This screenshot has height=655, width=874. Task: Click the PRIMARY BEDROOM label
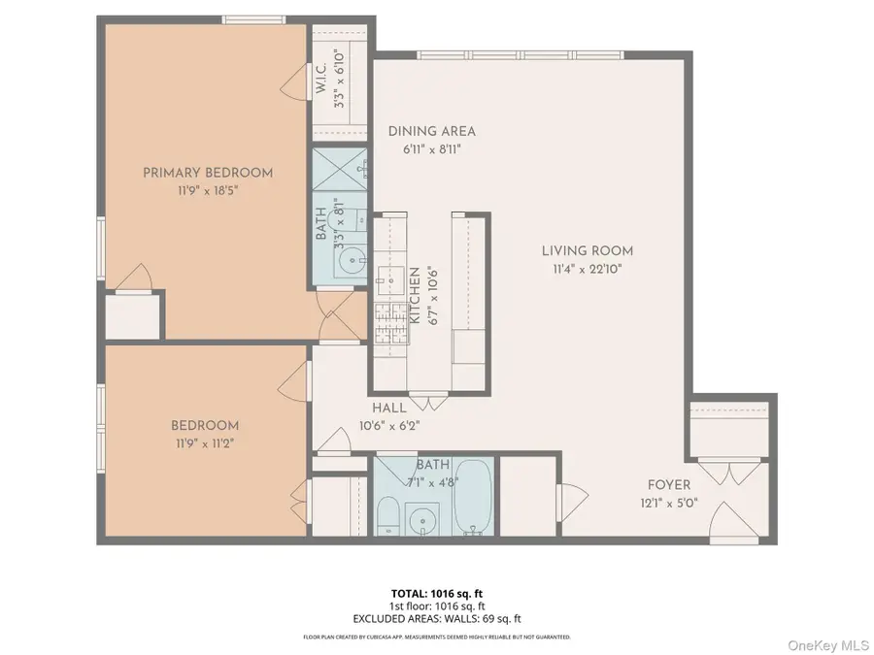208,173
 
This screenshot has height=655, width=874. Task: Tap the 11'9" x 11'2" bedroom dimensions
204,442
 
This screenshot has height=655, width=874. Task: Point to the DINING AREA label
432,131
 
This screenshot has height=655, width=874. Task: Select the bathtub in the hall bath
473,496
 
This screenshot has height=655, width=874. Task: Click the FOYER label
669,485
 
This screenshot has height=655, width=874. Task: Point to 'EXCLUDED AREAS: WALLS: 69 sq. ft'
436,618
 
